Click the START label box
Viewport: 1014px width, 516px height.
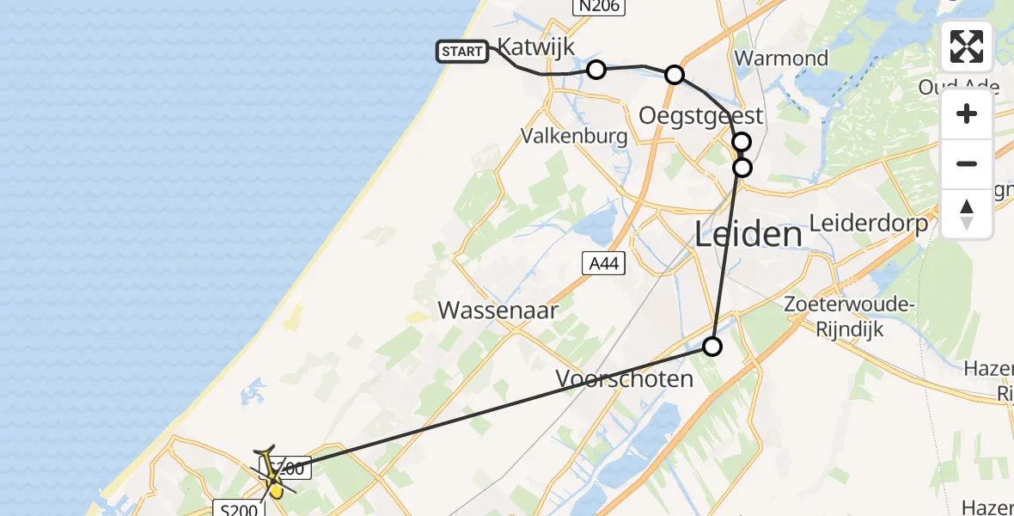(x=462, y=52)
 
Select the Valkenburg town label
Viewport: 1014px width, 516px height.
(x=575, y=136)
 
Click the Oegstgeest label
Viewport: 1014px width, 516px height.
(x=701, y=114)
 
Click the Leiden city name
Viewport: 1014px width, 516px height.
(x=748, y=233)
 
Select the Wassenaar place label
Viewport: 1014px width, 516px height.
(x=498, y=310)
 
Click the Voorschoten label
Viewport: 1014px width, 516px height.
(x=624, y=378)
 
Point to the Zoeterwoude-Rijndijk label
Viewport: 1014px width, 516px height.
(x=848, y=316)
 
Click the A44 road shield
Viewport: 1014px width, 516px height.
(x=602, y=263)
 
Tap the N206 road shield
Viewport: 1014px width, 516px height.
(x=599, y=6)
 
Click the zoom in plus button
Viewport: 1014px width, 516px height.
(x=967, y=114)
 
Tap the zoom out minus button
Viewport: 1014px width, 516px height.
(x=967, y=163)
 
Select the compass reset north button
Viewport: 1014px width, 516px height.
(x=967, y=213)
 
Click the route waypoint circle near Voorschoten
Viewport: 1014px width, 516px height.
(x=712, y=347)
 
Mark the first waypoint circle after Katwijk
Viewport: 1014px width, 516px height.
(x=596, y=69)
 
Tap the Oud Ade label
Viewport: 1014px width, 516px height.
(x=958, y=87)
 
